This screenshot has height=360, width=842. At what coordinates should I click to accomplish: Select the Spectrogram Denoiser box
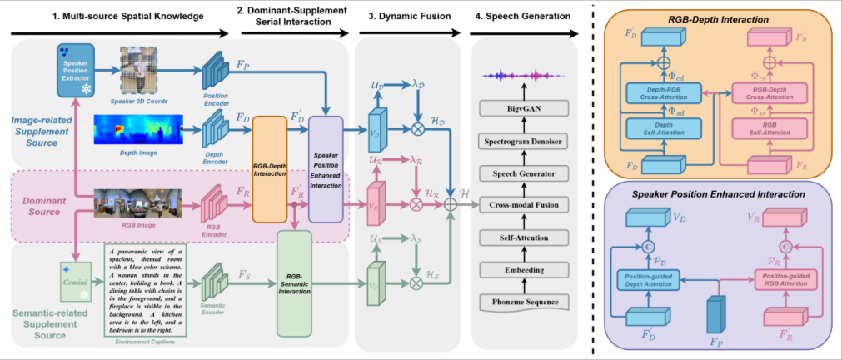524,142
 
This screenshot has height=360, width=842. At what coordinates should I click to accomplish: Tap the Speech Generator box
524,173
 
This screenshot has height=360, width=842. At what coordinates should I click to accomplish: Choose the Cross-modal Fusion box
524,205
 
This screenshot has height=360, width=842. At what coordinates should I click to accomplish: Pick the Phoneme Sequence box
524,301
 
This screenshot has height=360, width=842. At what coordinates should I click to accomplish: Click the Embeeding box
524,269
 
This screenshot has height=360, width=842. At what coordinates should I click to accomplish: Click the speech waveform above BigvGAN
523,77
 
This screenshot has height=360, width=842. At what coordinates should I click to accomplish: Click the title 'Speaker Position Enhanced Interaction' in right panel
717,193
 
